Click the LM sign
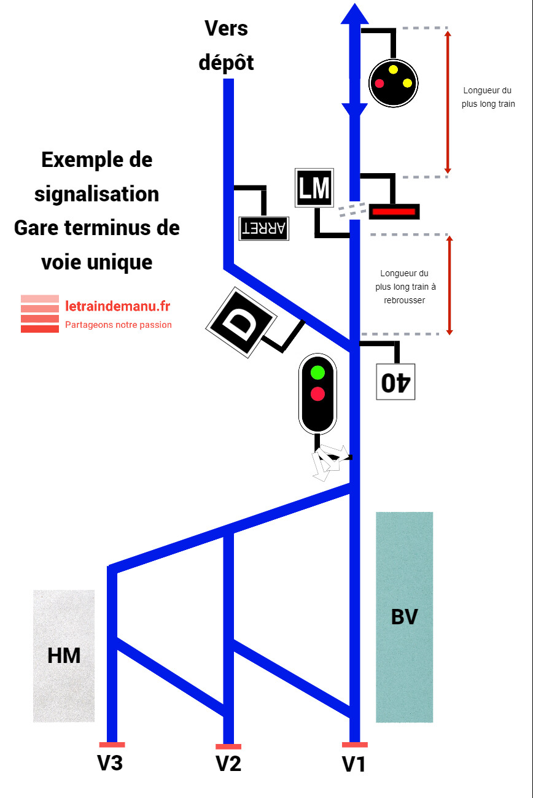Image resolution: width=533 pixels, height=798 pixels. tap(314, 188)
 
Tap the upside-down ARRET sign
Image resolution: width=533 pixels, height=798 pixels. tap(263, 228)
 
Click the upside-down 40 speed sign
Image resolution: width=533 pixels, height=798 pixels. tap(395, 381)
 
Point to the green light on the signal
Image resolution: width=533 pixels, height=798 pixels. tap(317, 372)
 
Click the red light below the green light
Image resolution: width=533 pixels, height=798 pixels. tap(317, 393)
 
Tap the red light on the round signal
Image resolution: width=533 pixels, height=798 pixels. tap(379, 83)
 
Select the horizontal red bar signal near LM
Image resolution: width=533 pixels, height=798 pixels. tap(394, 211)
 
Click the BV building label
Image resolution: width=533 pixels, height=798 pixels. tap(404, 616)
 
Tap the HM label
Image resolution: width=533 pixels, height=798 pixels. tap(64, 656)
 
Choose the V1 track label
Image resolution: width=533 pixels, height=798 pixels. tap(354, 765)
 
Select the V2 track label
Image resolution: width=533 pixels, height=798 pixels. tap(228, 764)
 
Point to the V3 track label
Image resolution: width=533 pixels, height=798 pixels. tap(111, 763)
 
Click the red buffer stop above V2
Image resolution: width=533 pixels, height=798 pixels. tap(228, 746)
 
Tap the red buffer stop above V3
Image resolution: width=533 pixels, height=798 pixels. tap(112, 745)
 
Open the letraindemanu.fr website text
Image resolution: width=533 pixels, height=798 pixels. tap(118, 306)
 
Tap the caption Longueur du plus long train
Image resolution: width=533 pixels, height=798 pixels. tap(488, 98)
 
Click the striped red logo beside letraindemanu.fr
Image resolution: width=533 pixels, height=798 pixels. tap(40, 314)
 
